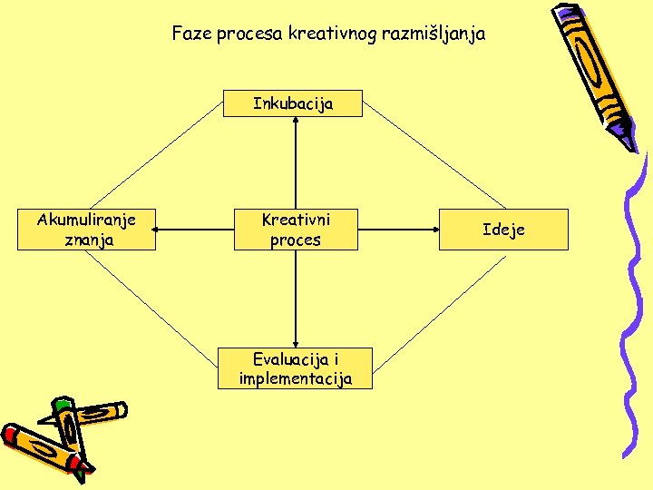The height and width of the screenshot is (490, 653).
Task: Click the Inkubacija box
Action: coord(293,103)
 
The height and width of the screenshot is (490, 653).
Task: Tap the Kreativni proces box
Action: coord(296,230)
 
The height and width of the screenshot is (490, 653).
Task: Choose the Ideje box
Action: coord(503,230)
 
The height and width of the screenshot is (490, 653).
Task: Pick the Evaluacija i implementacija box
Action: coord(296,368)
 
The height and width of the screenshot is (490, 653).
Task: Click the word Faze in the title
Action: coord(190,34)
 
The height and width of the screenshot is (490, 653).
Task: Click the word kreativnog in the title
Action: coord(330,34)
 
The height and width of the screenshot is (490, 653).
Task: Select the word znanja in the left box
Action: coord(88,240)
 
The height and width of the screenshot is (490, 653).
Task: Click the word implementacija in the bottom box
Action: coord(296,378)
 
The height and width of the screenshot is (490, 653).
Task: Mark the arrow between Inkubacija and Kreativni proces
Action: coord(296,163)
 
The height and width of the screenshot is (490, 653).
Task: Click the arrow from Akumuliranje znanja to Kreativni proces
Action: coord(196,230)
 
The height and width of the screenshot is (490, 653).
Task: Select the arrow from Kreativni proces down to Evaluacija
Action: coord(296,299)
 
